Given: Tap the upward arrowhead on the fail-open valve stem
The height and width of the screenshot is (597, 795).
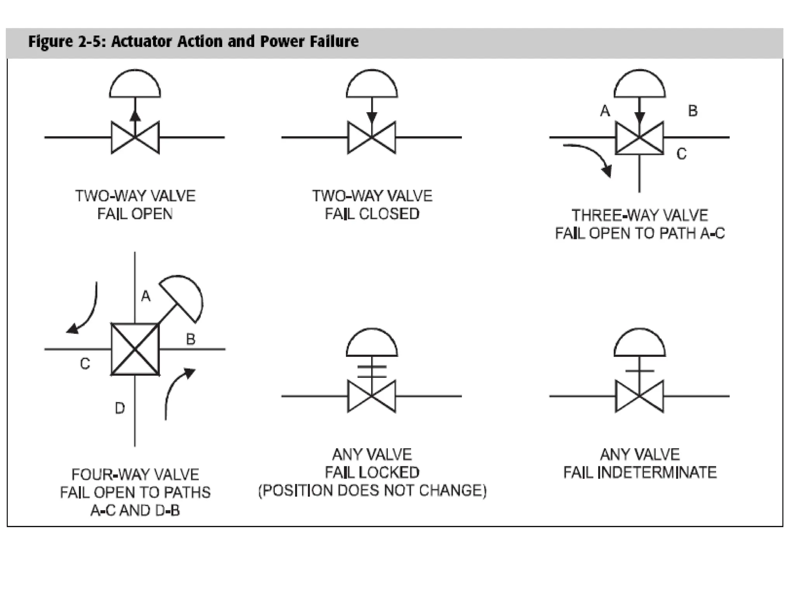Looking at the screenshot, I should (x=135, y=115).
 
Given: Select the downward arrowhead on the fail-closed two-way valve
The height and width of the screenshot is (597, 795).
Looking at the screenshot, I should (x=372, y=117).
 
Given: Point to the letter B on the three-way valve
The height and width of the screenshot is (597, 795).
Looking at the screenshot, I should (x=693, y=111).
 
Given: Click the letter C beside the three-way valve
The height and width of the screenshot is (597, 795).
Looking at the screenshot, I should (x=682, y=154).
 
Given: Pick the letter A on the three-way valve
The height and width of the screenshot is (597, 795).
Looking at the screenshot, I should (x=605, y=111).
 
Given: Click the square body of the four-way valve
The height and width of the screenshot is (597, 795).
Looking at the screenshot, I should (x=135, y=349).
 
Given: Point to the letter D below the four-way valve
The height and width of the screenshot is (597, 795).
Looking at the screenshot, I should (x=120, y=408).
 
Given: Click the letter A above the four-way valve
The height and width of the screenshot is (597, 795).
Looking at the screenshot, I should (x=146, y=296).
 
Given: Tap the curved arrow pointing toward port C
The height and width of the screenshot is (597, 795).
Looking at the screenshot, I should (x=85, y=311).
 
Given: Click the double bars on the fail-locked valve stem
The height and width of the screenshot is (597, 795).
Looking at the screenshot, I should (x=372, y=372).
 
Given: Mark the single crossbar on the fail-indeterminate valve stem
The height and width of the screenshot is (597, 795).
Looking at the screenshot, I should (x=640, y=371).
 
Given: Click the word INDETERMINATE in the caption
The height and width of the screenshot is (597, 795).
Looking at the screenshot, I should (x=656, y=473).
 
